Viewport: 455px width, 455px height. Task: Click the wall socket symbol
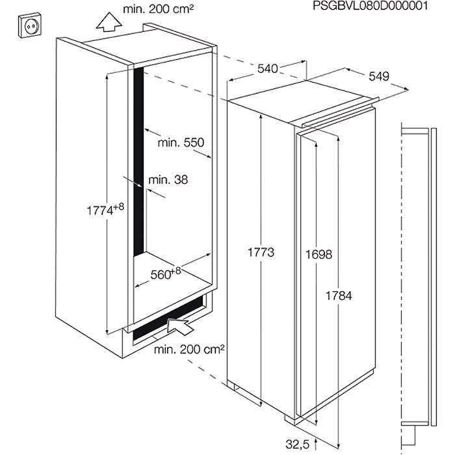coord(30,25)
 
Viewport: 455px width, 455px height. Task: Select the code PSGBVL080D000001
coord(370,5)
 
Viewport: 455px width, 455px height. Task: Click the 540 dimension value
coord(268,69)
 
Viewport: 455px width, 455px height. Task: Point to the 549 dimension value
coord(379,76)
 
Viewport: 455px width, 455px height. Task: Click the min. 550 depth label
coord(181,142)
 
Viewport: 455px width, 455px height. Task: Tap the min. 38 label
coord(168,180)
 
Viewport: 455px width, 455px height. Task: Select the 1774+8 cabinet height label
coord(105,209)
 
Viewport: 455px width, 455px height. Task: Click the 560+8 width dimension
coord(166,274)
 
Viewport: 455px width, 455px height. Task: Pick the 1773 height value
coord(261,252)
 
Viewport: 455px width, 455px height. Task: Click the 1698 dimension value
coord(318,255)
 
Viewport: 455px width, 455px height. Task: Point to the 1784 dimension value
coord(339,296)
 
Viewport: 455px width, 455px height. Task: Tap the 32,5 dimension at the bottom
coord(298,444)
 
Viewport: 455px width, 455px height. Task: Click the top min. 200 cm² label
coord(158,9)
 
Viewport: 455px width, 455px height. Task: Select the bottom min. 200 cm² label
coord(189,350)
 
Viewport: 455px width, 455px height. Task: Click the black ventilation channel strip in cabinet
coord(138,161)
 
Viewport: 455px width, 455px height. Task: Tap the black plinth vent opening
coord(170,319)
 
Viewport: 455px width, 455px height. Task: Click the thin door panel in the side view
coord(434,277)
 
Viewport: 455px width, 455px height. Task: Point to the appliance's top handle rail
coord(340,112)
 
